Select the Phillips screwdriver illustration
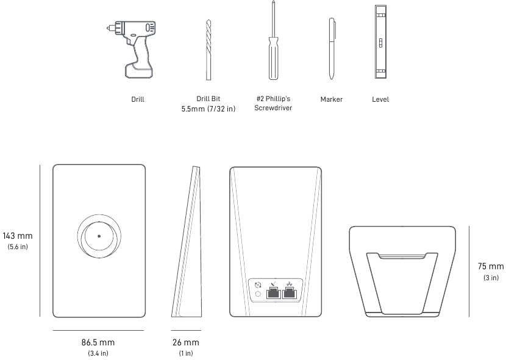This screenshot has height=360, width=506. click(273, 46)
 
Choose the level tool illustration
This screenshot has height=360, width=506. click(380, 42)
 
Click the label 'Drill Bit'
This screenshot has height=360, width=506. click(208, 99)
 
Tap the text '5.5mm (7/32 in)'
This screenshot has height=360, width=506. click(208, 108)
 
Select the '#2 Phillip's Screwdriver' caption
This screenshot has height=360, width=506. click(273, 104)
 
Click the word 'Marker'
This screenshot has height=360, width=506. click(331, 99)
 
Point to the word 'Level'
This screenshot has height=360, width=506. click(380, 99)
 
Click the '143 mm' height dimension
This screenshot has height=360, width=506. click(18, 236)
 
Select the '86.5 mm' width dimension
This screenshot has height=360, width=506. click(98, 342)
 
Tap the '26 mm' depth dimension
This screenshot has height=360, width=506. click(186, 342)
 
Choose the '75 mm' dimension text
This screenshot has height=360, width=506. click(491, 266)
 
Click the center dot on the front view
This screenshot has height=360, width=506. click(99, 235)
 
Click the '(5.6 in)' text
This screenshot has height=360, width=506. click(18, 247)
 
